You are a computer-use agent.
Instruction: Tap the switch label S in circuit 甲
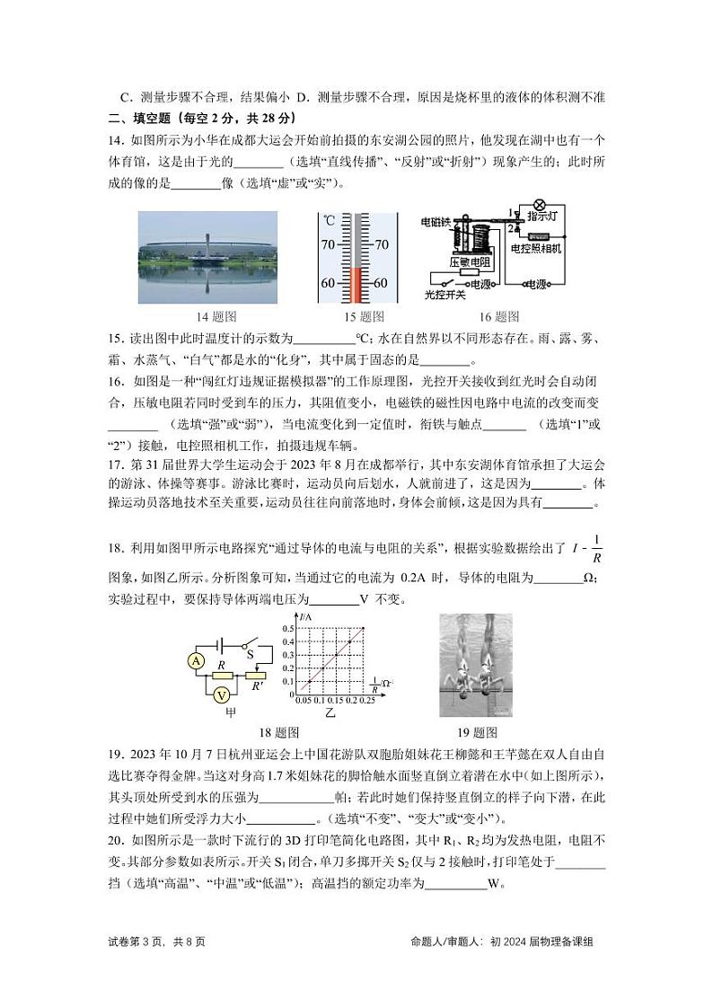coord(251,654)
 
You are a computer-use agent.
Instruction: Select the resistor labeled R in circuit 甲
coord(220,665)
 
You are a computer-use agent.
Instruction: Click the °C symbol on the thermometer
coord(330,220)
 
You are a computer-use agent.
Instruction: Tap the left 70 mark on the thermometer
coord(327,244)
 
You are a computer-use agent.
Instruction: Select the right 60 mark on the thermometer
coord(380,283)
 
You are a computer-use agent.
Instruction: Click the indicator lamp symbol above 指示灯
coord(540,205)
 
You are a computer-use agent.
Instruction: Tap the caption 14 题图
coord(216,316)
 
